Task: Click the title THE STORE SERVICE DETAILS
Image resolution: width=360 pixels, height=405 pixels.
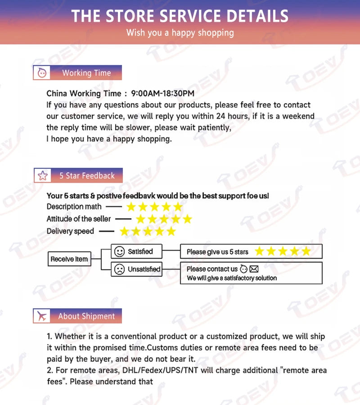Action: tap(180, 16)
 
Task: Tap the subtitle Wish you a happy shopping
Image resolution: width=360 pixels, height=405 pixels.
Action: tap(180, 33)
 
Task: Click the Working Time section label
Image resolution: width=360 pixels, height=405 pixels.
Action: tap(86, 73)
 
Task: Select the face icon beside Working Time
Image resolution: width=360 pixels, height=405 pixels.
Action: tap(42, 73)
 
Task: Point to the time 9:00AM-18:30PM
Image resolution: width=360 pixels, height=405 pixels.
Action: tap(162, 94)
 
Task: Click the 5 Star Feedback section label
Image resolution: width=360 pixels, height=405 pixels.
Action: tap(87, 175)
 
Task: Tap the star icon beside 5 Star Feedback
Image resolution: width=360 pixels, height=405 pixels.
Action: tap(43, 175)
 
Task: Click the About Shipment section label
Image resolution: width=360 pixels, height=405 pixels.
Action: tap(86, 316)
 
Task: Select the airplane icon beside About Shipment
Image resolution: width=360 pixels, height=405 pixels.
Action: tap(42, 316)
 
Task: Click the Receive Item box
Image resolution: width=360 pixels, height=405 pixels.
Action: tap(69, 259)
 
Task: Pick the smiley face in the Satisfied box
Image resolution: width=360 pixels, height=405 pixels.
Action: tap(119, 252)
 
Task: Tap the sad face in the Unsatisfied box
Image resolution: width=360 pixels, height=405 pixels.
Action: tap(119, 270)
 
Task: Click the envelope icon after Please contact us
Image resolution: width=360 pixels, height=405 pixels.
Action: tap(254, 269)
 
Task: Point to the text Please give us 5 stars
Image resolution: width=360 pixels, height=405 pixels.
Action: tap(217, 252)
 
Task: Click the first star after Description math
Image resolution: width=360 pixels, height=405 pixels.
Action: tap(131, 207)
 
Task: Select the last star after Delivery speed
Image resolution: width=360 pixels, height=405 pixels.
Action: tap(171, 231)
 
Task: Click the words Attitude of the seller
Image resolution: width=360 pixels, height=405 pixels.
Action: tap(78, 219)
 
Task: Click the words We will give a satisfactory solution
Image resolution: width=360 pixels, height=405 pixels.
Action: tap(232, 278)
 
